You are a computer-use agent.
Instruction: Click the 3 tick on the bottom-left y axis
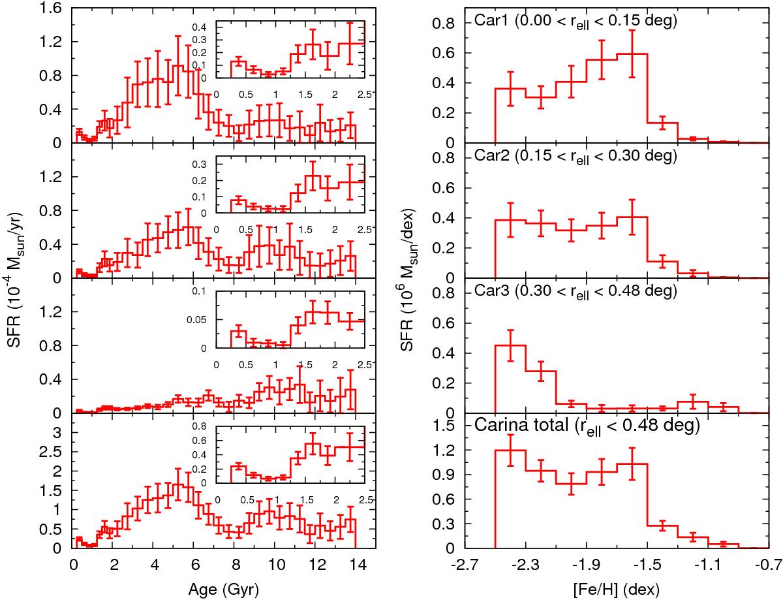coord(57,432)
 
